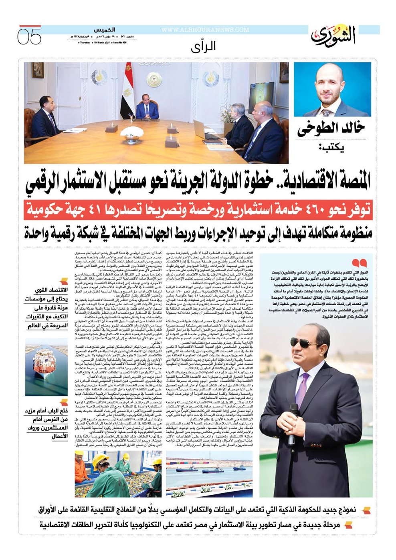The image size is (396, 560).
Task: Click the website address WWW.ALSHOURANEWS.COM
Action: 205,30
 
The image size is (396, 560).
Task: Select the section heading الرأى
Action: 203,46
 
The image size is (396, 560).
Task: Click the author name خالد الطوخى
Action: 331,129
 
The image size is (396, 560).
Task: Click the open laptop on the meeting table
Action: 204,130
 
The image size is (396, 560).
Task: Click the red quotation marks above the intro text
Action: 362,263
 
